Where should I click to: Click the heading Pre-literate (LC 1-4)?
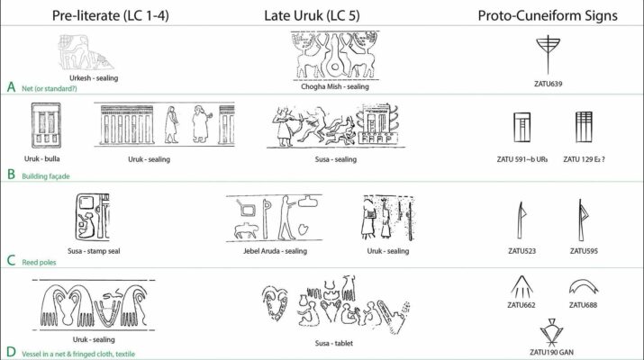[x=110, y=15]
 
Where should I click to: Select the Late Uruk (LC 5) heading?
[x=312, y=15]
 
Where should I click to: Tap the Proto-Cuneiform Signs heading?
[x=548, y=15]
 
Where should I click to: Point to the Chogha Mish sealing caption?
[x=335, y=86]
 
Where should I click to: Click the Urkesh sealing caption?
[x=94, y=78]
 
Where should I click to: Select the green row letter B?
[x=11, y=175]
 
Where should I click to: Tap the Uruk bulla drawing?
[x=46, y=126]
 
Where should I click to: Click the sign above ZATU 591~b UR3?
[x=522, y=127]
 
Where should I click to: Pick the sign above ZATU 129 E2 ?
[x=584, y=127]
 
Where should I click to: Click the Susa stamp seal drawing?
[x=93, y=217]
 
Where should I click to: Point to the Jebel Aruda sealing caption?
[x=275, y=251]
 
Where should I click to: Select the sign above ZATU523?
[x=522, y=220]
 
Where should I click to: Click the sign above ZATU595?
[x=583, y=220]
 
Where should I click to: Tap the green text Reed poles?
[x=39, y=262]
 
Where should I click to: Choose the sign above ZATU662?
[x=522, y=287]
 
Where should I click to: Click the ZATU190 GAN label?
[x=551, y=352]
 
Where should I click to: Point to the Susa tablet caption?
[x=334, y=343]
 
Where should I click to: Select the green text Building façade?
[x=46, y=176]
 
